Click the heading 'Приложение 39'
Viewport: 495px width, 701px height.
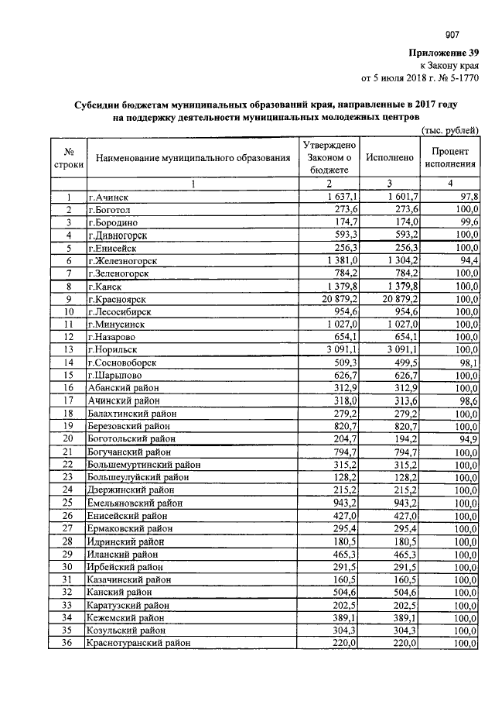(443, 52)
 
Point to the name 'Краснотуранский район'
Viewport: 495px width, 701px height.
(138, 642)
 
